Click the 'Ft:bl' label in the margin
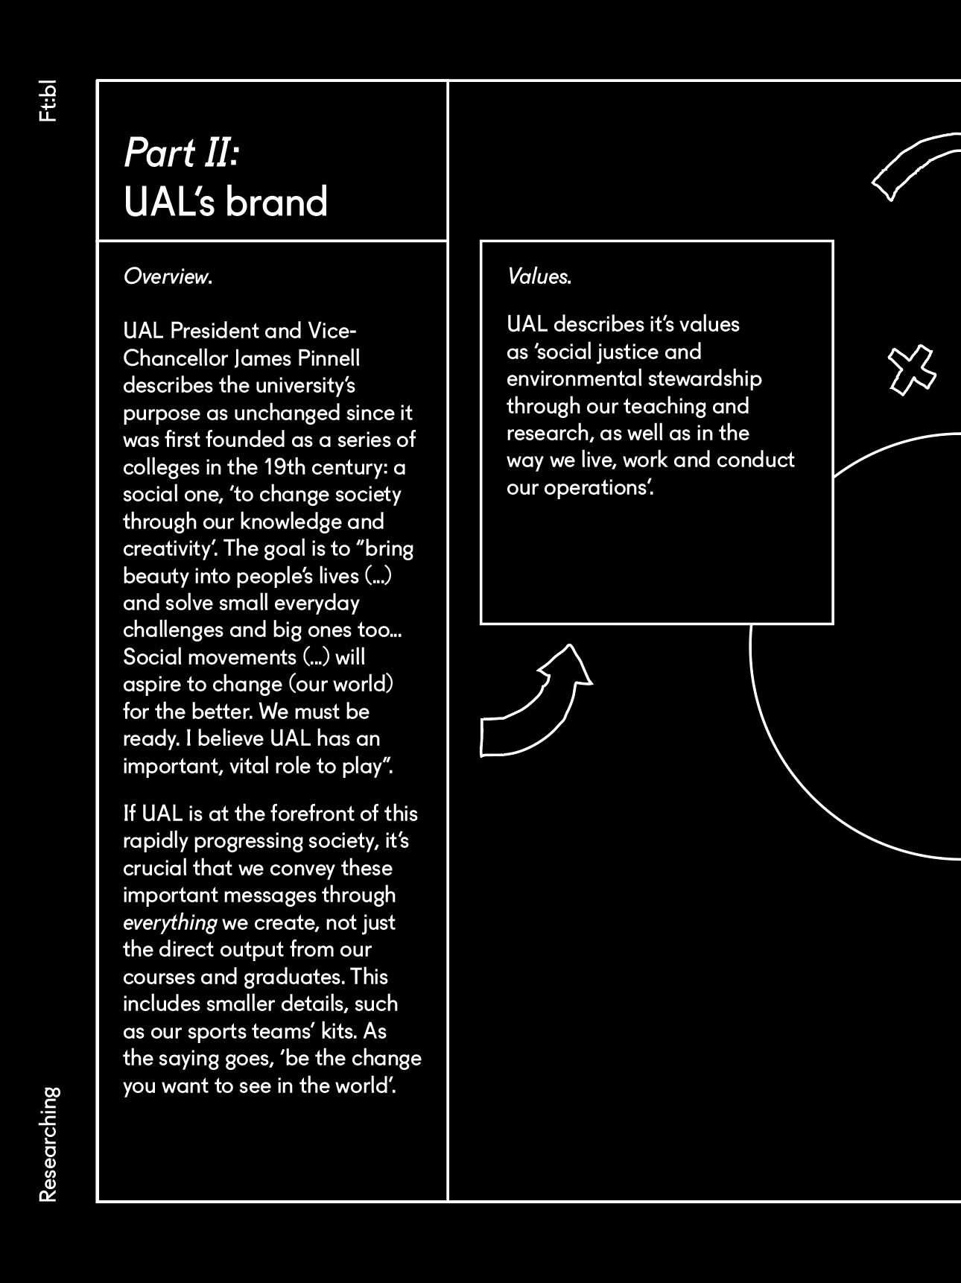coord(47,101)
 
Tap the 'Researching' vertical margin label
coord(48,1144)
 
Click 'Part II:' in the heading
coord(180,153)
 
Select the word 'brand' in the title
coord(276,202)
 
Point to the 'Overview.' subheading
coord(168,276)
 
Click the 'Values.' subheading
coord(539,276)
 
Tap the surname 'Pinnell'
coord(329,358)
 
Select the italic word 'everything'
coord(170,922)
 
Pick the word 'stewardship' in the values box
coord(705,378)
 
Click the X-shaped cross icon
coord(912,370)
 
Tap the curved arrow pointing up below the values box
coord(536,701)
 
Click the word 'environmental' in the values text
coord(574,378)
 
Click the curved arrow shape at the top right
coord(917,165)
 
